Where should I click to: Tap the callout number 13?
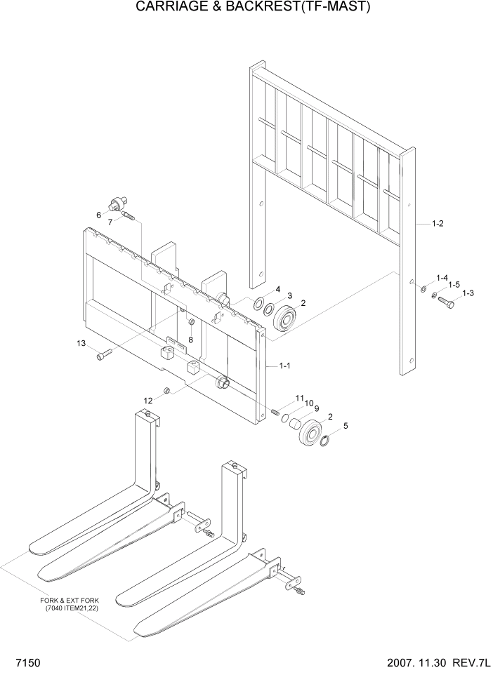click(x=81, y=343)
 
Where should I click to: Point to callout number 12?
click(x=148, y=400)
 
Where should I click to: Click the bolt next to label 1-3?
click(x=445, y=303)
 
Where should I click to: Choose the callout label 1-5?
click(x=453, y=285)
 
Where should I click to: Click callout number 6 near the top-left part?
click(x=99, y=215)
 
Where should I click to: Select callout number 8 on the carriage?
click(x=190, y=340)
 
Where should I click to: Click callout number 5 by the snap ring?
click(x=345, y=425)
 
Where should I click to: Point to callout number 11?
click(x=300, y=398)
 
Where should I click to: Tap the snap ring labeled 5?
click(x=325, y=440)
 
